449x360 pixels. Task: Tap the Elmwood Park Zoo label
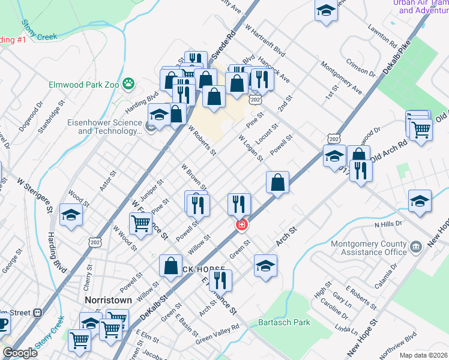click(x=85, y=85)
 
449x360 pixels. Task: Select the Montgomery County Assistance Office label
click(x=369, y=248)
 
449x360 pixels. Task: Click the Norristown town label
click(x=103, y=299)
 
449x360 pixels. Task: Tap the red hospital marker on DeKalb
click(x=241, y=225)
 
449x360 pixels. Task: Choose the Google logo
click(x=20, y=353)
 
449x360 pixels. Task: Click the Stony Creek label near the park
click(x=40, y=31)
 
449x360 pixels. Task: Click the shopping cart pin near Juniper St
click(x=140, y=224)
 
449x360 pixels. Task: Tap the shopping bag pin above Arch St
click(x=278, y=182)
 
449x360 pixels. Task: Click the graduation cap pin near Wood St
click(x=71, y=215)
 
